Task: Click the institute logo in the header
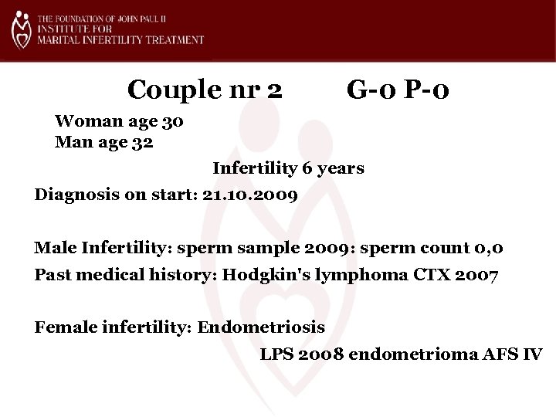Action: [x=22, y=30]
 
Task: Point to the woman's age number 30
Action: [x=173, y=122]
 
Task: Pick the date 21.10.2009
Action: [x=249, y=194]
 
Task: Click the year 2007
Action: [x=481, y=276]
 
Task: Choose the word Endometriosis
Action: [x=262, y=327]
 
